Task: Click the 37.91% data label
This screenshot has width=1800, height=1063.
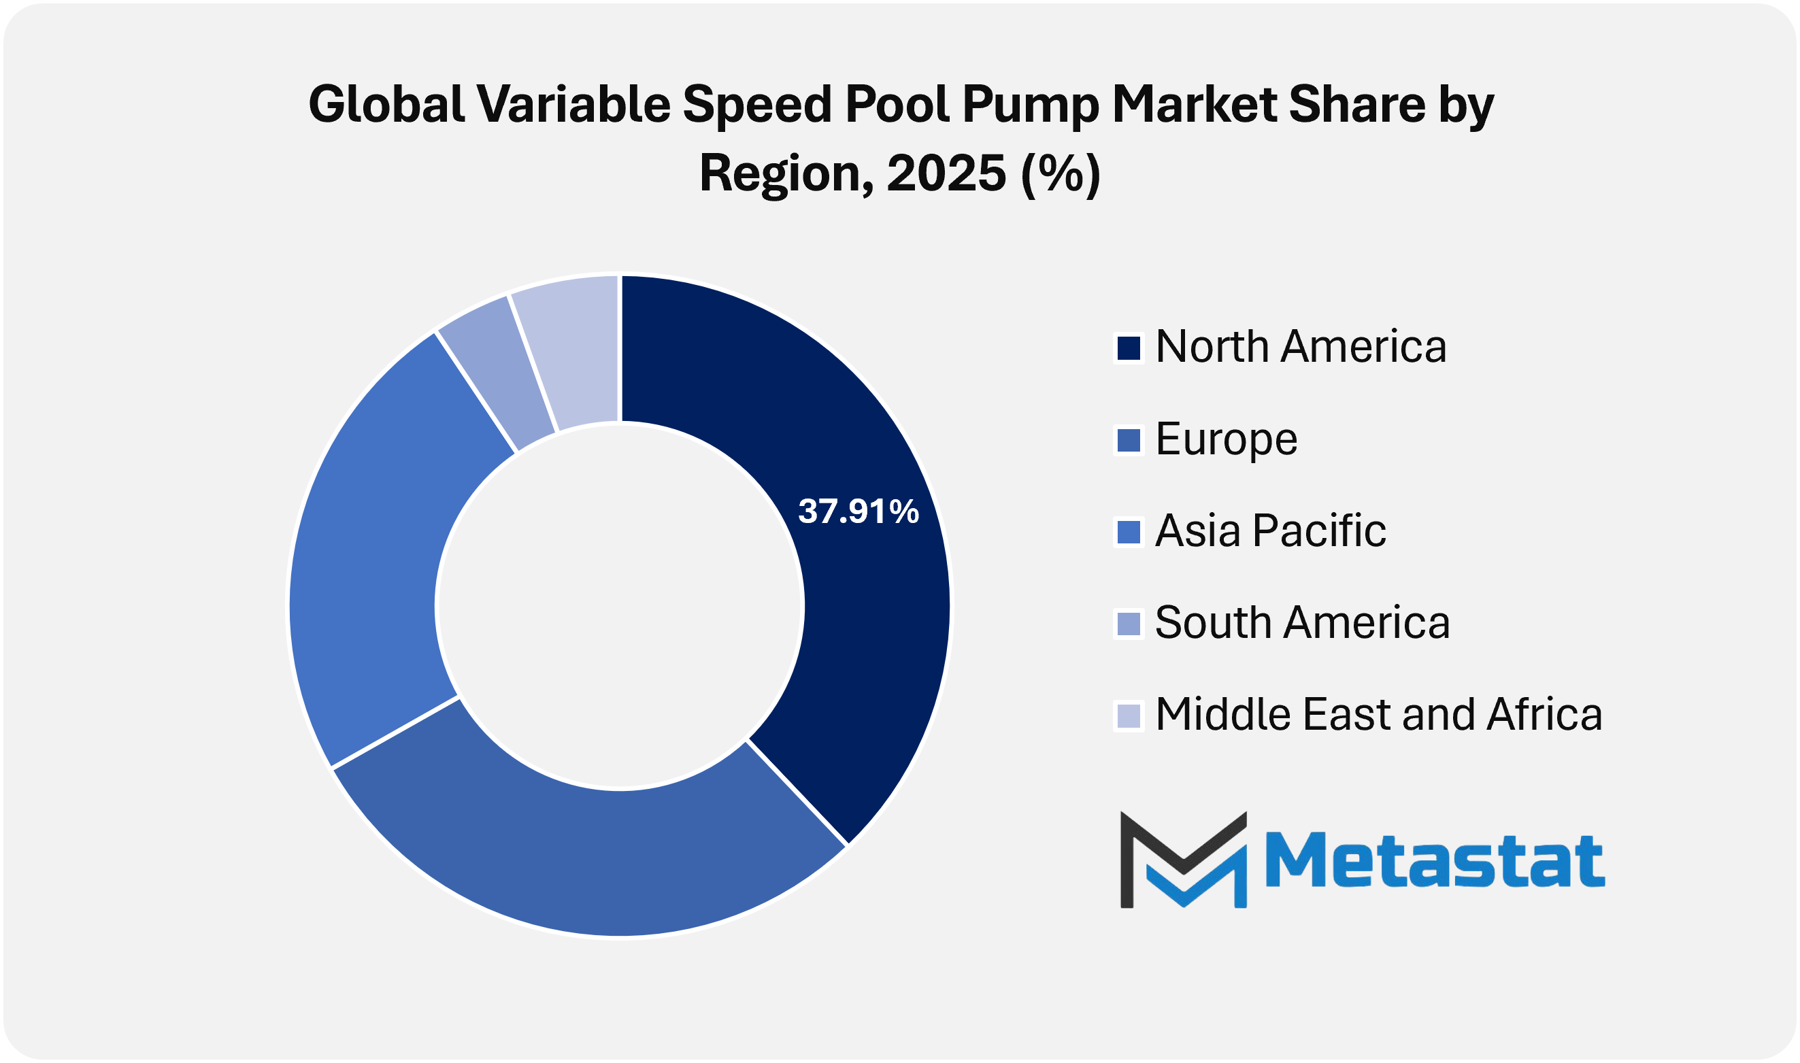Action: click(x=858, y=511)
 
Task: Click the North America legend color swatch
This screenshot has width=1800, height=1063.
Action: click(x=1129, y=349)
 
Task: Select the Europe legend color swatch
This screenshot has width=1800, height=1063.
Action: click(x=1129, y=441)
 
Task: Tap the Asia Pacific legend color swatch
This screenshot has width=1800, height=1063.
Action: click(x=1129, y=533)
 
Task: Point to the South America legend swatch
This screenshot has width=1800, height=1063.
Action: click(x=1129, y=624)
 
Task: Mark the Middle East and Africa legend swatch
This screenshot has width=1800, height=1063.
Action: click(x=1129, y=715)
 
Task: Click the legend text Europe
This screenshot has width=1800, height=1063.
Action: click(x=1226, y=439)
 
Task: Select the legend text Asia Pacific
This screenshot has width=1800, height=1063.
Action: click(x=1270, y=530)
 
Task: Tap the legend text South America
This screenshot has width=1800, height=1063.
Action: click(x=1302, y=622)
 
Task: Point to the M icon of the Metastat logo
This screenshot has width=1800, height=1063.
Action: click(x=1183, y=860)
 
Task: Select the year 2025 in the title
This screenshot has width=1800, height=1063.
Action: click(x=946, y=174)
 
